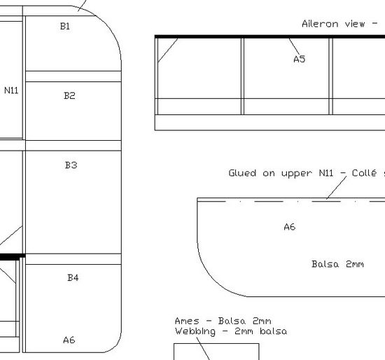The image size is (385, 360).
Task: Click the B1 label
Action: pos(65,27)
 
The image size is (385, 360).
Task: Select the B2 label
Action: pos(69,95)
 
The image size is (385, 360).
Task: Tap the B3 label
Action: pos(71,165)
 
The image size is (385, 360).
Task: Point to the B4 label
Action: pos(73,277)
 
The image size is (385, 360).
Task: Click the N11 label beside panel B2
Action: pos(11,90)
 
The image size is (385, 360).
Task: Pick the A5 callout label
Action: pos(300,60)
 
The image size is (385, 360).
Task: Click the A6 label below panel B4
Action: pos(69,340)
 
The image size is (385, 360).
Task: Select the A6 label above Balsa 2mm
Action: pos(290,227)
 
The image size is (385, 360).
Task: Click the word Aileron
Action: pos(320,24)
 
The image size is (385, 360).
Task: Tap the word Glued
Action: pos(242,173)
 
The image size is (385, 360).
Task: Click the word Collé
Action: pos(364,173)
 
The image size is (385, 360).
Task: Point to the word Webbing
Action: pos(195,331)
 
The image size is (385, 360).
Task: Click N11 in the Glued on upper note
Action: pos(326,173)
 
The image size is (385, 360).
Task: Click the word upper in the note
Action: pos(297,174)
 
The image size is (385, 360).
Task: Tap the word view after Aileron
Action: pos(355,24)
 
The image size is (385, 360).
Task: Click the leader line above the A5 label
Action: pos(294,46)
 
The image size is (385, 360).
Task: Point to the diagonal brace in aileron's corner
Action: pos(168,50)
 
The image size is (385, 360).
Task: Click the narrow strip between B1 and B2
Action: pos(73,76)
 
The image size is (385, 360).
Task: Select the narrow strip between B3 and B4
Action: pos(73,259)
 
